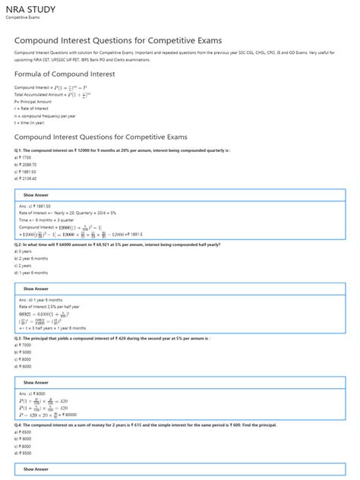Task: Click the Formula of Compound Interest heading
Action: coord(65,74)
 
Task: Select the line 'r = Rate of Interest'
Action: coord(30,108)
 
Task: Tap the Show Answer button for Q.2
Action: coord(36,289)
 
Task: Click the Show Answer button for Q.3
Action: coord(36,383)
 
